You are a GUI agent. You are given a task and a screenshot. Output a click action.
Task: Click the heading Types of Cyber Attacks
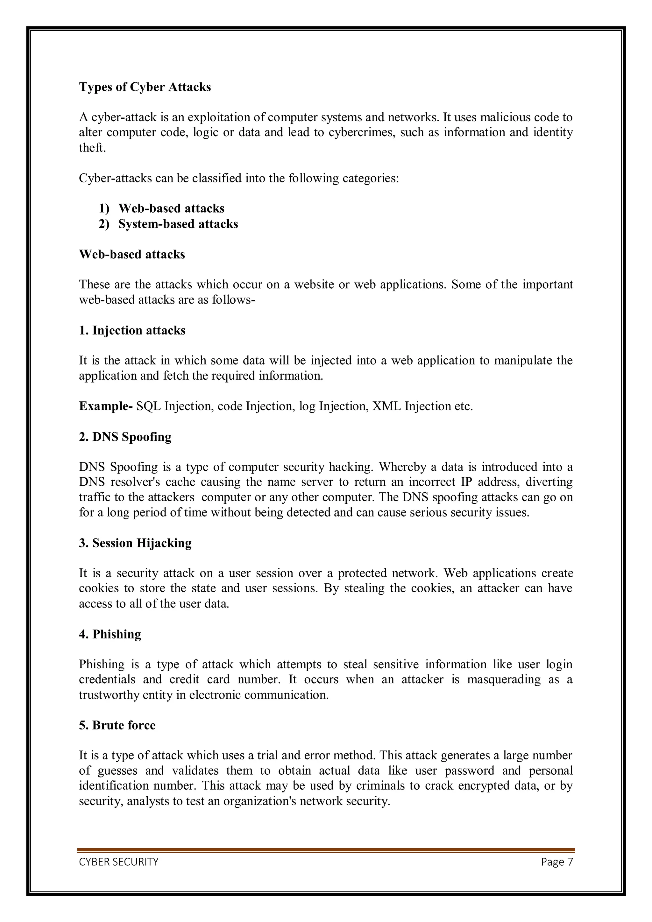pyautogui.click(x=145, y=87)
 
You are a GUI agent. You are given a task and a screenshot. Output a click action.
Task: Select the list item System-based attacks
pyautogui.click(x=178, y=224)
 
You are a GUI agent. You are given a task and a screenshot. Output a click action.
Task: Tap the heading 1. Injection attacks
pyautogui.click(x=132, y=330)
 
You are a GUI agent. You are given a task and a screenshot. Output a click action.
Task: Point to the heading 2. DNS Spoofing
pyautogui.click(x=125, y=437)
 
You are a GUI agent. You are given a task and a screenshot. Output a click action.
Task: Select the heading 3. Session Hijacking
pyautogui.click(x=135, y=543)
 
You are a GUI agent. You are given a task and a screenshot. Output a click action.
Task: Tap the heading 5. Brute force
pyautogui.click(x=117, y=725)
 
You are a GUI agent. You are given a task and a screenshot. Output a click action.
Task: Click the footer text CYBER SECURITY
pyautogui.click(x=118, y=862)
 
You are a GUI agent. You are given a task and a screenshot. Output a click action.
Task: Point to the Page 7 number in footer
pyautogui.click(x=557, y=862)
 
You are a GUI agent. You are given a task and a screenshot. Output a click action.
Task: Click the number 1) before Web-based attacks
pyautogui.click(x=104, y=208)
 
